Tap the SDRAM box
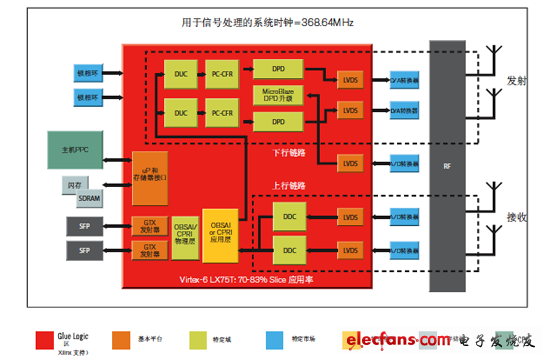coord(89,198)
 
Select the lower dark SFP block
coord(85,248)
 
